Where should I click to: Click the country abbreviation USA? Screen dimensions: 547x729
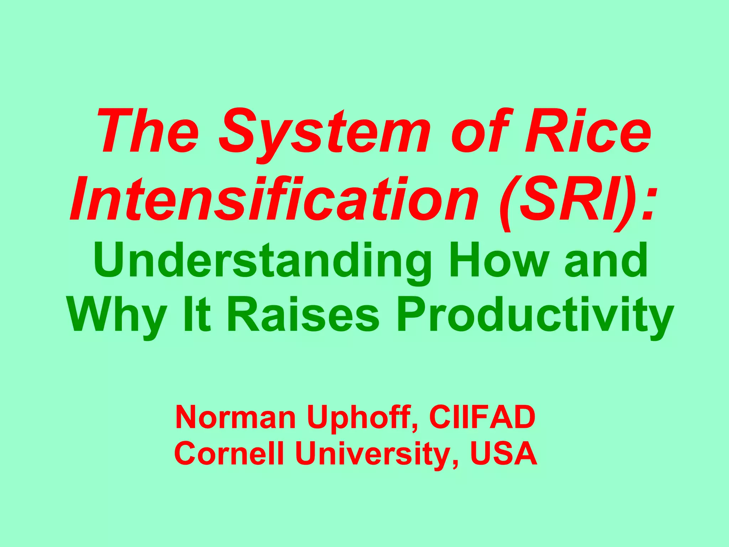coord(503,454)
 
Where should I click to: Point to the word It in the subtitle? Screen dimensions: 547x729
coord(196,315)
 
